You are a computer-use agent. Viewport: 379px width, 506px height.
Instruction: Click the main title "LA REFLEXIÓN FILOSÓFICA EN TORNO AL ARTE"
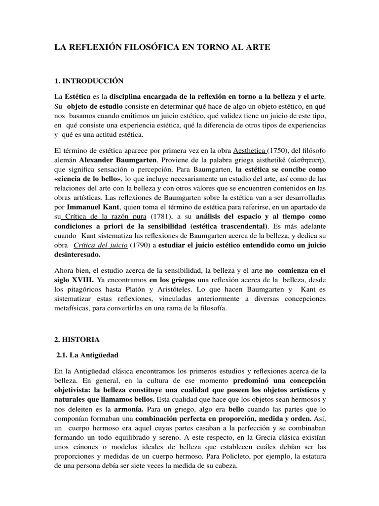click(162, 47)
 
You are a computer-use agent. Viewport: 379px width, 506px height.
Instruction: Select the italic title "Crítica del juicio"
click(100, 245)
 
